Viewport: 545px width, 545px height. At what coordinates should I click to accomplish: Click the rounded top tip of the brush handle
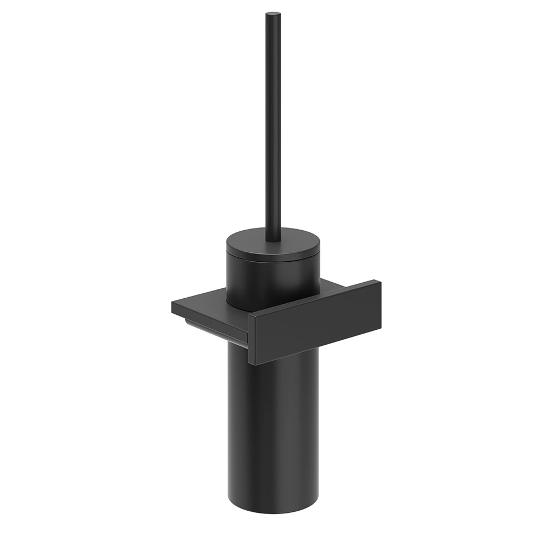[x=273, y=14]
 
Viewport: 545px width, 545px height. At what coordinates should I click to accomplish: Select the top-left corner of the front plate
[x=248, y=315]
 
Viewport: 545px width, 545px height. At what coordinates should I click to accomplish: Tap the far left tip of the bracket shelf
[x=173, y=304]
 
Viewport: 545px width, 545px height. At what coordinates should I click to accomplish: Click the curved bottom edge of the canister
[x=272, y=512]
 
